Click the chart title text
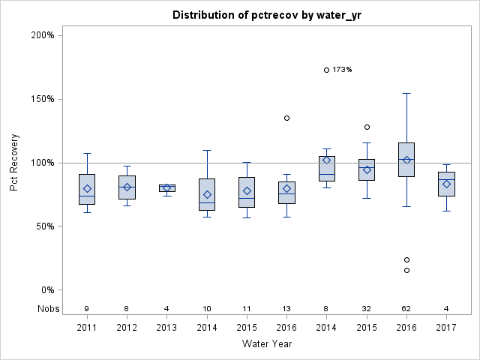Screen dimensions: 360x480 coord(268,15)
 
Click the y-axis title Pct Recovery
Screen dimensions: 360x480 coord(14,163)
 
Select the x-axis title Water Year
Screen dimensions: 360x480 coord(268,344)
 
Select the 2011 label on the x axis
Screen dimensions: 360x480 coord(87,327)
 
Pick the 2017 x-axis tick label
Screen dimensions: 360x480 coord(447,327)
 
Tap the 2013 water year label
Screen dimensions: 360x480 coord(166,327)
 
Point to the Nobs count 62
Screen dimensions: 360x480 coord(406,308)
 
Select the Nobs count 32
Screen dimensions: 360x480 coord(367,308)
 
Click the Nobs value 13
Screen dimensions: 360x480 coord(286,308)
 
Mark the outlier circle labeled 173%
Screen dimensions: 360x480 coord(327,70)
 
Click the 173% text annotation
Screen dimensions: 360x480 coord(343,70)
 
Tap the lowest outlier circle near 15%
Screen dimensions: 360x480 coord(406,270)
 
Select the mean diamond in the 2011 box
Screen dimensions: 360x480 coord(87,188)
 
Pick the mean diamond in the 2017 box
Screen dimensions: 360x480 coord(447,184)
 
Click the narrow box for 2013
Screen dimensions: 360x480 coord(166,187)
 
